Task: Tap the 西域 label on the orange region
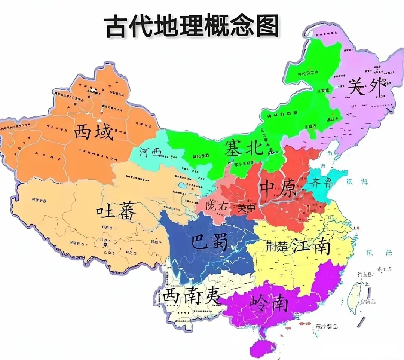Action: click(94, 132)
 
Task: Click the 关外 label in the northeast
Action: click(366, 87)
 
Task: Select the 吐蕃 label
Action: click(116, 212)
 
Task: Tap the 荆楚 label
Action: click(276, 246)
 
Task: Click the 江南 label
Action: click(311, 246)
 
